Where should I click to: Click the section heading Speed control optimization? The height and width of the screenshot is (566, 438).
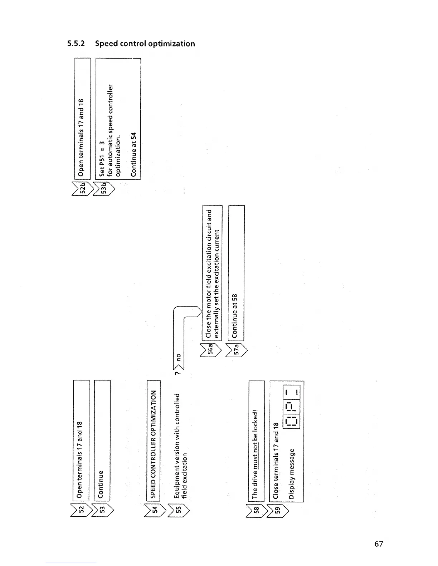131,44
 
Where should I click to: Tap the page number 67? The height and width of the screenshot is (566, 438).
379,543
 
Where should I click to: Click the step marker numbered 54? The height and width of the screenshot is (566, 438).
155,509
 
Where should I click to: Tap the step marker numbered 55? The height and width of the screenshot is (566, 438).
178,509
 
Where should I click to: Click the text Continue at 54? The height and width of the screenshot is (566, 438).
133,154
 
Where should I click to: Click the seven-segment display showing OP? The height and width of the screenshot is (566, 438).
292,407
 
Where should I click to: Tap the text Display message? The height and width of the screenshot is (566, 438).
292,473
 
